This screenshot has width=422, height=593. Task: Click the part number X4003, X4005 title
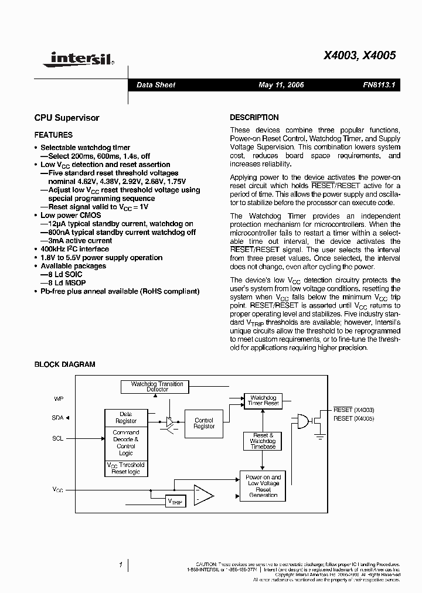pos(360,56)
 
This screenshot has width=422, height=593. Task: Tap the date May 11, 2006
pos(281,85)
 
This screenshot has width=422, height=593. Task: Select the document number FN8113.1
pos(379,85)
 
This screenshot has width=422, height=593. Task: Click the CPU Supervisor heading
pos(67,118)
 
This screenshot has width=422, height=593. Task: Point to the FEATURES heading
pos(53,135)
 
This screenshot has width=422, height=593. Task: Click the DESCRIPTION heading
pos(254,117)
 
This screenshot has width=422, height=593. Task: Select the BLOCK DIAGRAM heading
pos(64,364)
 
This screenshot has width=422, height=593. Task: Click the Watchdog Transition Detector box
pos(157,387)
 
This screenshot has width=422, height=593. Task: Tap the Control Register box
pos(204,424)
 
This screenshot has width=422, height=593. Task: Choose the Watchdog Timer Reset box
pos(263,401)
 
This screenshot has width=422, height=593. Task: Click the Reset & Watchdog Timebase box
pos(263,441)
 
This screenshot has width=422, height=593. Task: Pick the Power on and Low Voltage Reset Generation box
pos(263,486)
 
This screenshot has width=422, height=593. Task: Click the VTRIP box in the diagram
pos(176,502)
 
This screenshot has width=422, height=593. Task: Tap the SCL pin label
pos(58,438)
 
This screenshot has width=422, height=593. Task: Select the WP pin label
pos(59,398)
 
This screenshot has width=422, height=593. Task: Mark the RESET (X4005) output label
pos(353,418)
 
